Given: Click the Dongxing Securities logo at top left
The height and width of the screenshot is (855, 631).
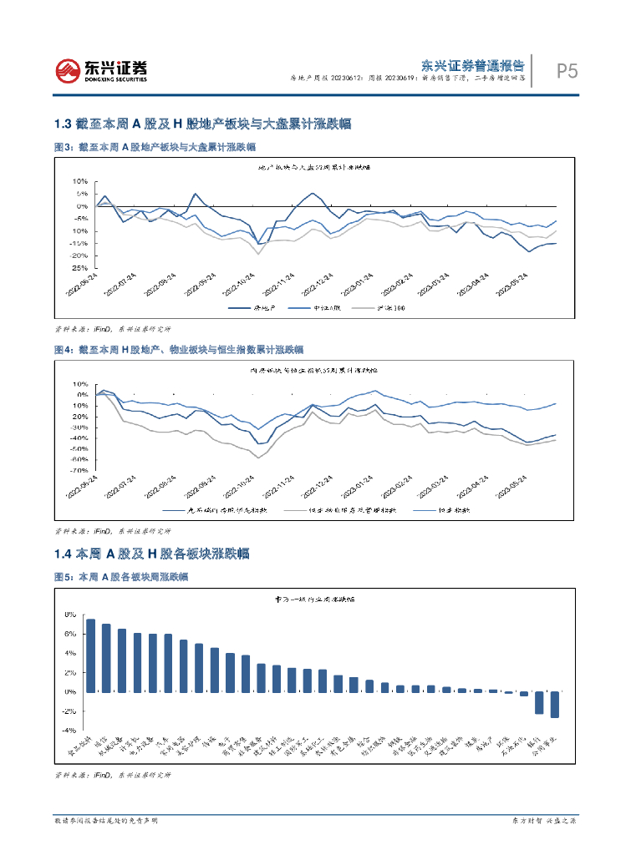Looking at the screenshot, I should tap(100, 70).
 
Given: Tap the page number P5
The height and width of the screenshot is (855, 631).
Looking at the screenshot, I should tap(567, 73).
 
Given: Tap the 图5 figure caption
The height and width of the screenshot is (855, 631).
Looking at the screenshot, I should tap(120, 577).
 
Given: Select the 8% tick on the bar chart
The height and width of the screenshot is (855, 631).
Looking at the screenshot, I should tap(70, 615).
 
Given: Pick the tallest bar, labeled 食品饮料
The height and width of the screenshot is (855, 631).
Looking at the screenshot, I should tap(90, 655).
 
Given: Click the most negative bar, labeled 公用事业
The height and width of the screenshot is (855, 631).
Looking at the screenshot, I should tap(555, 705).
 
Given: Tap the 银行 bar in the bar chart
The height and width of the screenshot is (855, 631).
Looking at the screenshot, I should tap(539, 702).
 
